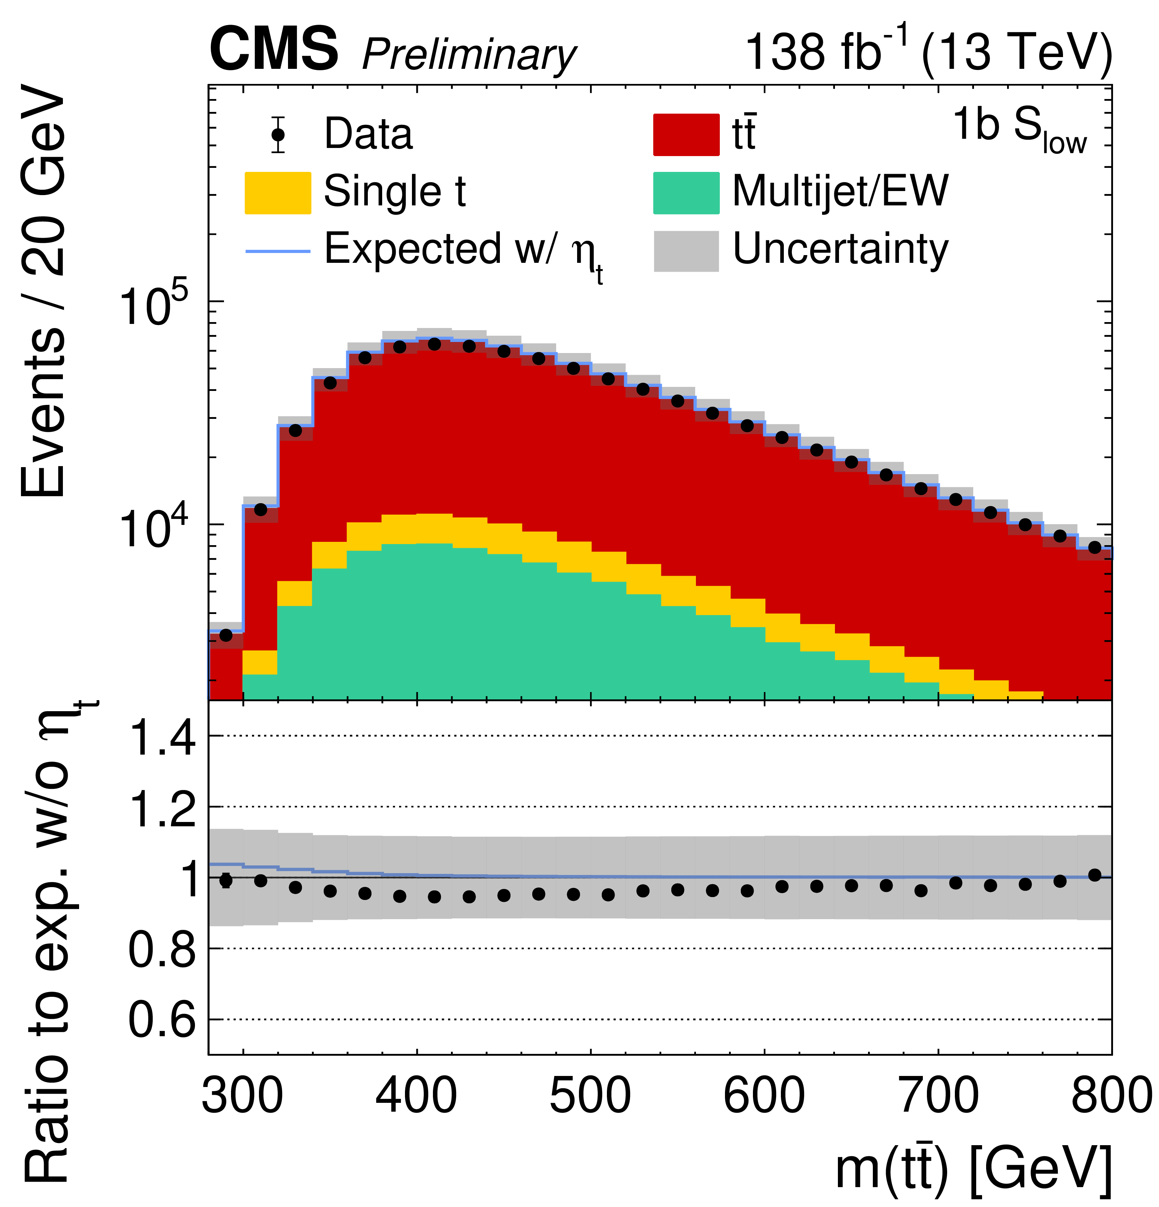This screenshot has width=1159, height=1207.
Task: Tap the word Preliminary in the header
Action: (x=469, y=56)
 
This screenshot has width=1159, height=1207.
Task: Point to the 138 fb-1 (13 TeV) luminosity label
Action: (x=928, y=52)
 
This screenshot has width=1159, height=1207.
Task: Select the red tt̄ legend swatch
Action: (x=686, y=134)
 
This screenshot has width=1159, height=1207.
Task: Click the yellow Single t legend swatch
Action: (x=278, y=193)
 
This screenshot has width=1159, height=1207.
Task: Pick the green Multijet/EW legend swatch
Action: (x=686, y=193)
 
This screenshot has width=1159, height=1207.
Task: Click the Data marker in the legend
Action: (x=278, y=134)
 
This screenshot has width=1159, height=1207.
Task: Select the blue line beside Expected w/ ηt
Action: (x=278, y=251)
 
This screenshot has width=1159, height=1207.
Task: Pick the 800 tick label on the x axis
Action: (x=1111, y=1096)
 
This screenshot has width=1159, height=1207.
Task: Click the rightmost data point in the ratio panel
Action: (x=1094, y=875)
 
